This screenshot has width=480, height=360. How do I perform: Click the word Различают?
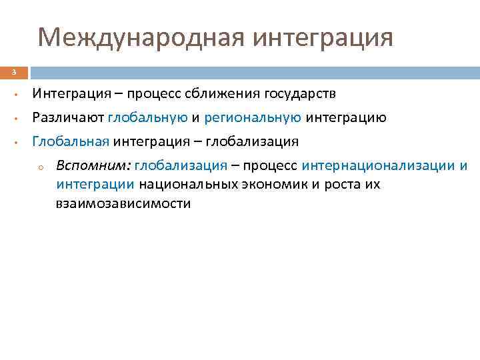[67, 118]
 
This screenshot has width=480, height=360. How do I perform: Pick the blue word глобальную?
[147, 118]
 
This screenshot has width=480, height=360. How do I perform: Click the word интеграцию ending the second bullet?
[346, 118]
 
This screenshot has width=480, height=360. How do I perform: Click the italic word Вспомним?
[93, 165]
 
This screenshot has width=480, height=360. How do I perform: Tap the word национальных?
[189, 185]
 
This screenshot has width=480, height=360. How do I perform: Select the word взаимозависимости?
[123, 204]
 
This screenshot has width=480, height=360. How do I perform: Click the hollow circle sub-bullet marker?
[41, 167]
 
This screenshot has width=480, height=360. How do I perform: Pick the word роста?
[342, 185]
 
